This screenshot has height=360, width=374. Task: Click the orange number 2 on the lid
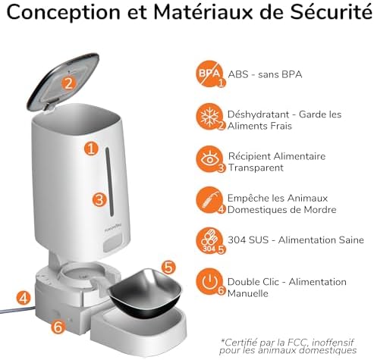[69, 83]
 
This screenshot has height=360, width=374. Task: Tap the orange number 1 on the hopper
[91, 149]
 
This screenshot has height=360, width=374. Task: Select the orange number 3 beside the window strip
[99, 199]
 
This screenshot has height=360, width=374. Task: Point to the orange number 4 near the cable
[24, 298]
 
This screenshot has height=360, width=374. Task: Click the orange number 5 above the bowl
[168, 267]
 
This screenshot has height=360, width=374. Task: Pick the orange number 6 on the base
[58, 327]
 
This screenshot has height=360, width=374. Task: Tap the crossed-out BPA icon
[209, 74]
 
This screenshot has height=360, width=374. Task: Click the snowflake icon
[209, 117]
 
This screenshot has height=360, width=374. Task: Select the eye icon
[209, 159]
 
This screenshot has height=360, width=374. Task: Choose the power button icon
[209, 282]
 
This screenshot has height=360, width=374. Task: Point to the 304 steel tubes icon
[209, 240]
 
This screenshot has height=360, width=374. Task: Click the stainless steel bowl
[145, 293]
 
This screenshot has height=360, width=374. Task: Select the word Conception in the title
[64, 13]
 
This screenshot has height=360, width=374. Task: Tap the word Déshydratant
[258, 114]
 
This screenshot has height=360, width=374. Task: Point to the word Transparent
[256, 167]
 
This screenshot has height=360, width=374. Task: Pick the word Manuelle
[248, 293]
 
